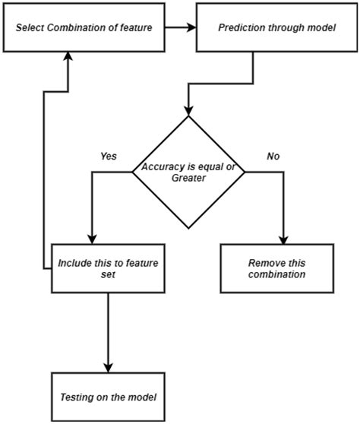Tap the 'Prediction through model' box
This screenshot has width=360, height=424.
[277, 28]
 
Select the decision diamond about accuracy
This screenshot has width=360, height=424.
[189, 172]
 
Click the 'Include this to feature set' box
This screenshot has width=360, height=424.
[108, 268]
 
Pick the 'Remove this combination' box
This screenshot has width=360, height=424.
[276, 268]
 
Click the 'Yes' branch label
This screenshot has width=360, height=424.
[109, 156]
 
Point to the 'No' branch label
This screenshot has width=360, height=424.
[273, 156]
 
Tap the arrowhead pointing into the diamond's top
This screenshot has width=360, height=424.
[189, 109]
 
